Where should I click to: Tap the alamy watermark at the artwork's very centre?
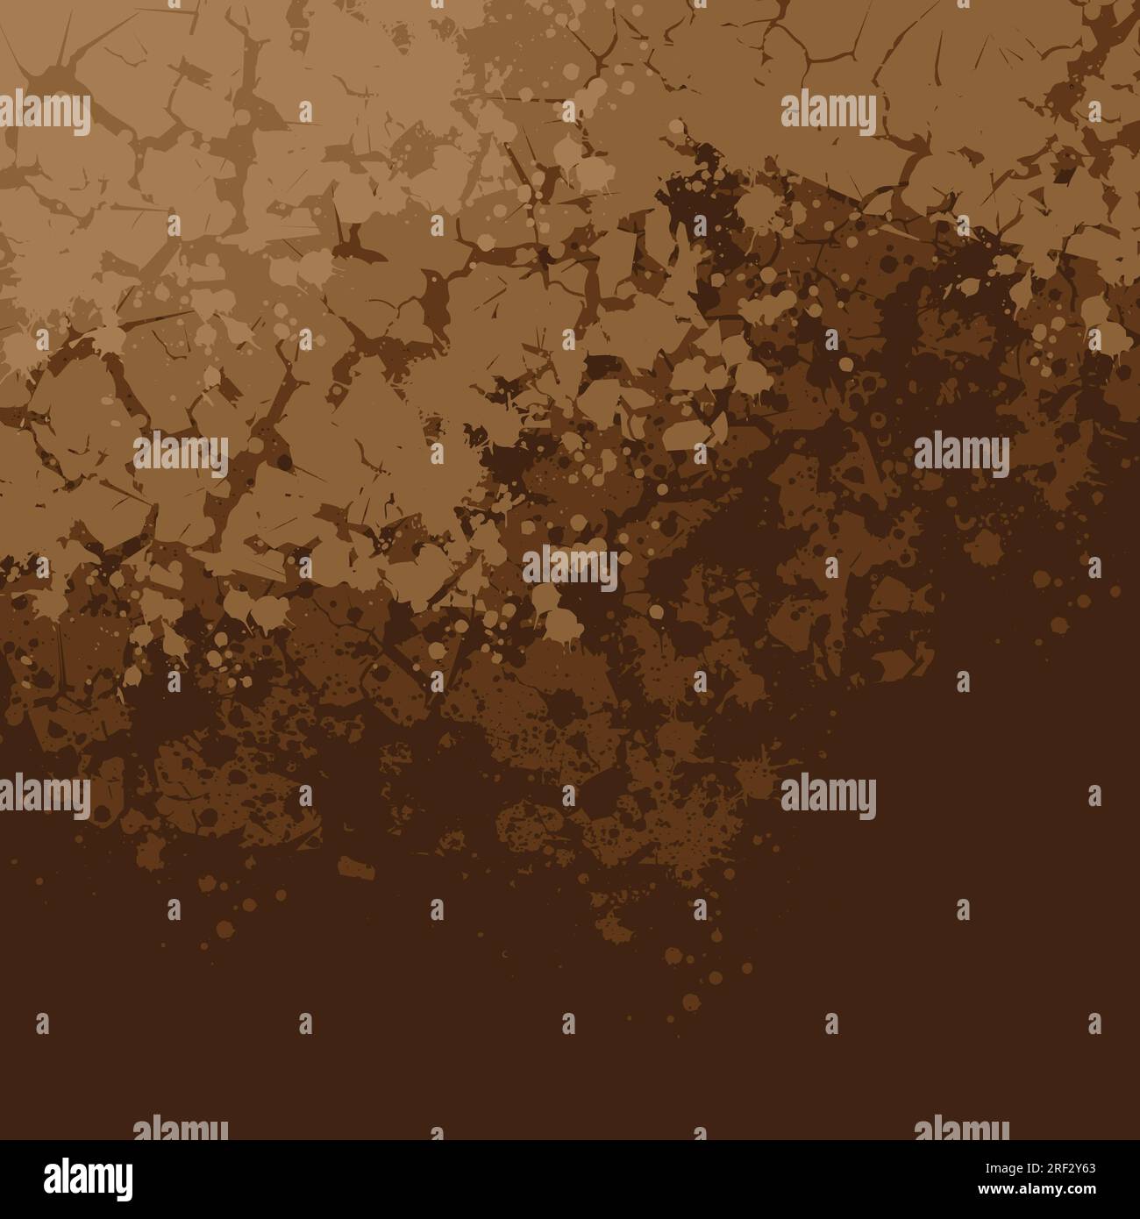coord(570,567)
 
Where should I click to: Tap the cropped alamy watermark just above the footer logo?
coord(181,1129)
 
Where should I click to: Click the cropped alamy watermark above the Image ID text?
coord(961,1129)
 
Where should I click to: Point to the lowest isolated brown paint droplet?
coord(692,1002)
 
